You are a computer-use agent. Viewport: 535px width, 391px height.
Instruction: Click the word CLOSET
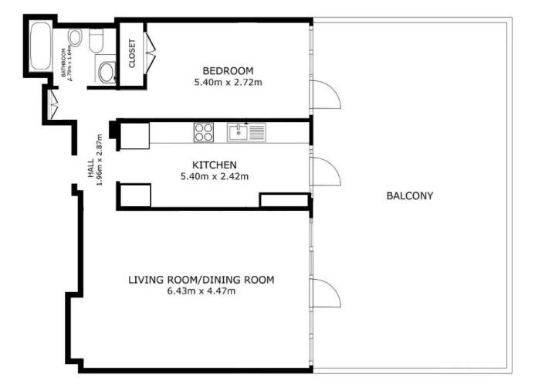[x=132, y=53]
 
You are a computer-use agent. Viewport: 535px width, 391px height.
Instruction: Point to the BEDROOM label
[x=217, y=70]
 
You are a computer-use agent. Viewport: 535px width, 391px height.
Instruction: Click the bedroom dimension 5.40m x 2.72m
[x=217, y=81]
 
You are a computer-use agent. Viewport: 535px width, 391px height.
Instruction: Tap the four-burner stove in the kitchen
[x=204, y=132]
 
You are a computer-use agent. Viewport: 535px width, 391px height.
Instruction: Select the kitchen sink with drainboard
[x=246, y=133]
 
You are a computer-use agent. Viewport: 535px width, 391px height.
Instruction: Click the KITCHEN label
[x=214, y=165]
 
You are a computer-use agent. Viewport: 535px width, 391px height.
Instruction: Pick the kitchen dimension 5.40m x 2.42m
[x=214, y=176]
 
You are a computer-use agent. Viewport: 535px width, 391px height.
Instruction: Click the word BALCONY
[x=409, y=195]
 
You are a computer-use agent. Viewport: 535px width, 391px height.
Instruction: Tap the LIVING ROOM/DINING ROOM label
[x=201, y=279]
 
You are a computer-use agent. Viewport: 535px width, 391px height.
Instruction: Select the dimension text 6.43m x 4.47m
[x=201, y=291]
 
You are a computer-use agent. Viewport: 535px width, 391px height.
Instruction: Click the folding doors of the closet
[x=150, y=53]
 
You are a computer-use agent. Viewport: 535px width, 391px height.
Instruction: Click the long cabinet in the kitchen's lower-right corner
[x=283, y=201]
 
